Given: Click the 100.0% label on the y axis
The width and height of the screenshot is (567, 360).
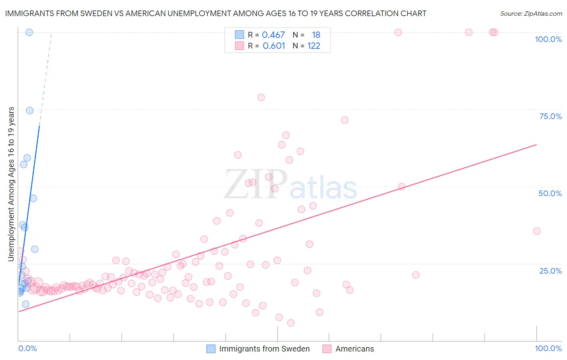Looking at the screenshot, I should click(548, 39).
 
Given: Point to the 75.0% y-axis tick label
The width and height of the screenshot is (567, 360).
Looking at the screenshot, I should click(550, 116).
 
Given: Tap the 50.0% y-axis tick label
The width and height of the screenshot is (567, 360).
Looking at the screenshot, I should click(550, 193).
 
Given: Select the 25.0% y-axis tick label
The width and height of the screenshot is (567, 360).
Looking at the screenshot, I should click(550, 270).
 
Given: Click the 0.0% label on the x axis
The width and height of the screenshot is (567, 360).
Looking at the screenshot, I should click(27, 348).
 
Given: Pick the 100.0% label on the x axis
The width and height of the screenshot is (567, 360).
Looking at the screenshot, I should click(548, 348).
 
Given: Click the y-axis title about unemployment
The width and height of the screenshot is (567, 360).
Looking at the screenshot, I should click(11, 184).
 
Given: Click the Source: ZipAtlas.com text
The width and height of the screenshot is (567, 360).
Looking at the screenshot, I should click(531, 13).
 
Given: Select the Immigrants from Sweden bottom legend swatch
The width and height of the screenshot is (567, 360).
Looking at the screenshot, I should click(211, 349).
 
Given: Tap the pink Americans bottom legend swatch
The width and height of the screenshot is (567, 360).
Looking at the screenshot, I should click(327, 349).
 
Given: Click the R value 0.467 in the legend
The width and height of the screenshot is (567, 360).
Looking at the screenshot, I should click(273, 35).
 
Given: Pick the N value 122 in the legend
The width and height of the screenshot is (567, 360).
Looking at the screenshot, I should click(314, 46).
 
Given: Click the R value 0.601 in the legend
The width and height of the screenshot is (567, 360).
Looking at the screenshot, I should click(274, 46).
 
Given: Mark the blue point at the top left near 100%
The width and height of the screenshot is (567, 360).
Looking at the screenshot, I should click(29, 32).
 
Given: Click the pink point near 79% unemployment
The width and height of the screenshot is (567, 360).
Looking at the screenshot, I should click(261, 97).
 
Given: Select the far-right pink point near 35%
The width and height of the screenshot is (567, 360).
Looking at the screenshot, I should click(537, 231).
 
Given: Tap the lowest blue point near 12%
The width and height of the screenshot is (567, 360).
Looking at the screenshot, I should click(25, 304).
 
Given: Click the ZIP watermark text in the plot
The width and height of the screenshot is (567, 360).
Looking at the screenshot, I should click(255, 184).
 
